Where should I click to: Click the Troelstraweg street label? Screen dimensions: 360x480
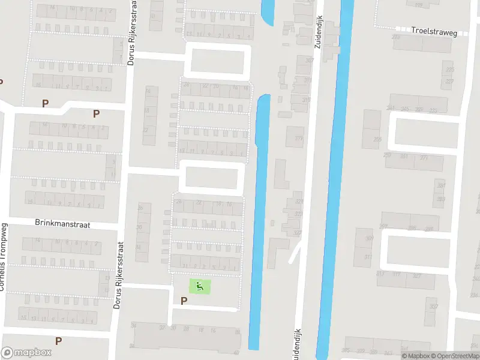(434, 32)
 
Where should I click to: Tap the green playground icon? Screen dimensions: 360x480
(200, 286)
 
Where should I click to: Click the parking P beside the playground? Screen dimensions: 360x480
(184, 301)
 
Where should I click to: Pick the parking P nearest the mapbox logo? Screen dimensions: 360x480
(58, 341)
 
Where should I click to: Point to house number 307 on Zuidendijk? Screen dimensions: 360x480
(309, 61)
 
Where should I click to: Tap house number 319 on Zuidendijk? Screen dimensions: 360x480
(299, 202)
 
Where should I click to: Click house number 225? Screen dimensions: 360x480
(450, 70)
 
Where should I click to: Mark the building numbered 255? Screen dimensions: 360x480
(377, 139)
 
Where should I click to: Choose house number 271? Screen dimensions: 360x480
(424, 158)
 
